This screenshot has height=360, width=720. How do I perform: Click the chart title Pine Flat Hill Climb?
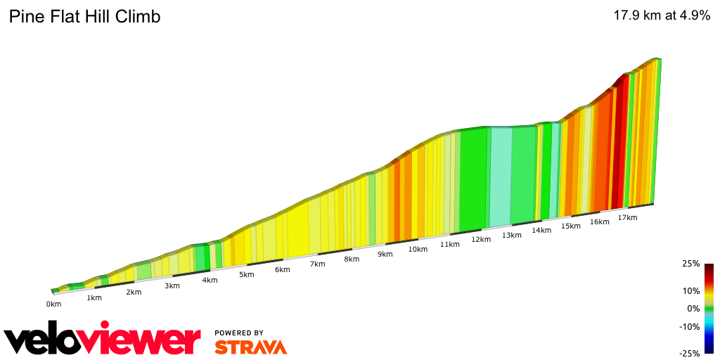[x=84, y=16]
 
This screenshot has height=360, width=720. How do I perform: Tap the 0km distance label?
[x=53, y=304]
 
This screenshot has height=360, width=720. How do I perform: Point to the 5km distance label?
[x=246, y=274]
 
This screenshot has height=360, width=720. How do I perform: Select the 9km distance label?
[x=385, y=254]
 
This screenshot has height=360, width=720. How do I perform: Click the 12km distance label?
[x=481, y=239]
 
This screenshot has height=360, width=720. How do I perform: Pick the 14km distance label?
[x=541, y=230]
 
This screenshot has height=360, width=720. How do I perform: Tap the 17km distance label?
[x=627, y=217]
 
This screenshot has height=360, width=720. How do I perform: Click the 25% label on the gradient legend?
[x=691, y=264]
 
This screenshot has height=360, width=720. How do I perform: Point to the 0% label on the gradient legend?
[x=693, y=309]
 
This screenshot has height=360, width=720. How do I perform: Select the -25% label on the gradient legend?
[x=690, y=354]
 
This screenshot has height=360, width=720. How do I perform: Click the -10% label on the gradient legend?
[x=690, y=326]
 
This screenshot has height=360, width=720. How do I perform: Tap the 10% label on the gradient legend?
[x=691, y=291]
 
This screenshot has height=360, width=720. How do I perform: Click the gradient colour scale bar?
[x=709, y=309]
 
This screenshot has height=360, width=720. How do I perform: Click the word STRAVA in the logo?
[x=250, y=347]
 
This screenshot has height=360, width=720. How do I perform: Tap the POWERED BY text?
[x=239, y=333]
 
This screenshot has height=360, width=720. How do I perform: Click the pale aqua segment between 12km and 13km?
[x=500, y=176]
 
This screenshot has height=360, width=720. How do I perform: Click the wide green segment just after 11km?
[x=472, y=179]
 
